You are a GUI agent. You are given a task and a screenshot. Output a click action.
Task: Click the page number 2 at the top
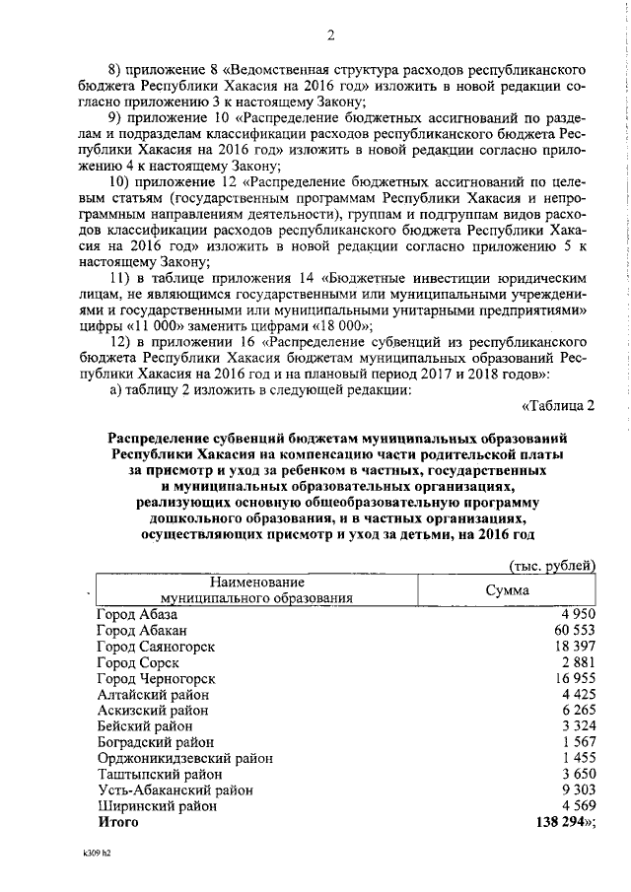point(331,36)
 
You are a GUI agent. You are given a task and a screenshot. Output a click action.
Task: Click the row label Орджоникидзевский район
point(184,758)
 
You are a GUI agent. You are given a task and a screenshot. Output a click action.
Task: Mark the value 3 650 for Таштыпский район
point(576,774)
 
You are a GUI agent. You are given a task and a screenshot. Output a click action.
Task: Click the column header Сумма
point(508,589)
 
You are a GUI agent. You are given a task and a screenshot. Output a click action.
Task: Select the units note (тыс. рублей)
point(551,565)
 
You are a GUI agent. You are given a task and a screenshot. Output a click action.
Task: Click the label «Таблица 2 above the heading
point(557,405)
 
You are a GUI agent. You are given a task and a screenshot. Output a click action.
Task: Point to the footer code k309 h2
point(98,855)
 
